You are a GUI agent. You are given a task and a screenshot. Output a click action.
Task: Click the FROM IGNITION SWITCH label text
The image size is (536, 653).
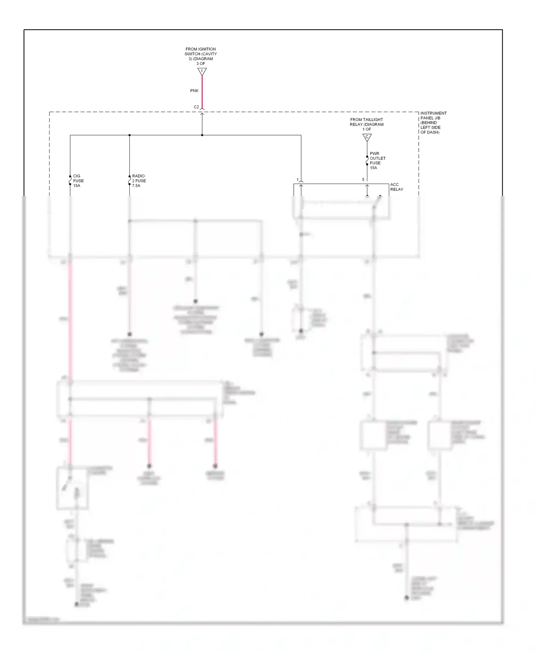pyautogui.click(x=200, y=56)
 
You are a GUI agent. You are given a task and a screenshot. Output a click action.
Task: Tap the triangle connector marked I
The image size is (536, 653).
pyautogui.click(x=202, y=72)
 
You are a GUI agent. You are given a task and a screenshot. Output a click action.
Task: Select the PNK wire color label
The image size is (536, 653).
pyautogui.click(x=194, y=91)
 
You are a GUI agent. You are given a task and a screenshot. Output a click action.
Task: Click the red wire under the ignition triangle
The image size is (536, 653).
pyautogui.click(x=202, y=91)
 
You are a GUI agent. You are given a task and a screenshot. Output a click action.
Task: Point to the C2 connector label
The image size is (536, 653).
pyautogui.click(x=196, y=107)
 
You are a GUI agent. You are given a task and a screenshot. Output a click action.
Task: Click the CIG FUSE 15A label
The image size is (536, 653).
pyautogui.click(x=78, y=181)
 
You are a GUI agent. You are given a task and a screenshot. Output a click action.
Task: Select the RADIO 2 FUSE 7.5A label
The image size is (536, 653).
pyautogui.click(x=139, y=181)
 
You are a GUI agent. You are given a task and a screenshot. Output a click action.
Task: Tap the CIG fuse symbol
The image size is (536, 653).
pyautogui.click(x=70, y=180)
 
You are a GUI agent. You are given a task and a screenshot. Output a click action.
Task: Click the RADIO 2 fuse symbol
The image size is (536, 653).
pyautogui.click(x=129, y=180)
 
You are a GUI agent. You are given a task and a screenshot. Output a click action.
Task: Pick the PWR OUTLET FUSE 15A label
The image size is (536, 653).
pyautogui.click(x=377, y=161)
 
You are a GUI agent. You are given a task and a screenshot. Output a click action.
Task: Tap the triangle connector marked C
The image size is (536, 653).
pyautogui.click(x=367, y=137)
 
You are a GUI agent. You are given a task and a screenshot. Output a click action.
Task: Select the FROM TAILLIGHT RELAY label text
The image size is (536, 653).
pyautogui.click(x=367, y=124)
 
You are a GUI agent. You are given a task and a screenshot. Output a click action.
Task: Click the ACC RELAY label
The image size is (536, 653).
pyautogui.click(x=396, y=187)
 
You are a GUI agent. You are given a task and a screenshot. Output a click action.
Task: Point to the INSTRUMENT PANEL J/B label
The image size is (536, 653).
pyautogui.click(x=433, y=123)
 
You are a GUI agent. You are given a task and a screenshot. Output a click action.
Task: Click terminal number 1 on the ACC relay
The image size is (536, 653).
pyautogui.click(x=297, y=180)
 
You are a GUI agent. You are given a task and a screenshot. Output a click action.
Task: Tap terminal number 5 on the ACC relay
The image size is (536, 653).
pyautogui.click(x=363, y=180)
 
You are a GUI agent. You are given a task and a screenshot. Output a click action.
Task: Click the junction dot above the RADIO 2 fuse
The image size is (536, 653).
pyautogui.click(x=129, y=135)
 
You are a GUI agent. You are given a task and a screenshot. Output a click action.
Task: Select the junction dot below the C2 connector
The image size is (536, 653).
pyautogui.click(x=202, y=135)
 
